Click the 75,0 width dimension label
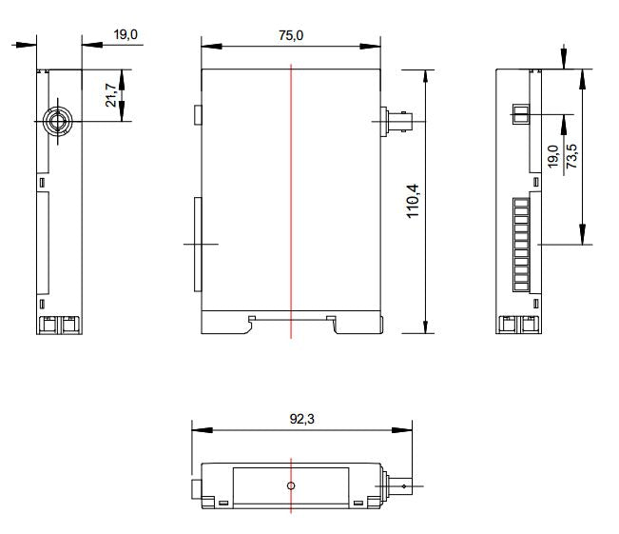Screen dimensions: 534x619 (290, 35)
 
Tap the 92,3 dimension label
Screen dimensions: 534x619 (300, 418)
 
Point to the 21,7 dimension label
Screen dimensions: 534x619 (112, 94)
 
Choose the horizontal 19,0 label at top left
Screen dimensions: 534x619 (126, 34)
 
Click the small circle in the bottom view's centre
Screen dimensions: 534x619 (291, 485)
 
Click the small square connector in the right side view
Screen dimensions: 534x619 (520, 115)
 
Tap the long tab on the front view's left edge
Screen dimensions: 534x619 (198, 245)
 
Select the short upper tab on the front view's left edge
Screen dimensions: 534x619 (198, 115)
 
